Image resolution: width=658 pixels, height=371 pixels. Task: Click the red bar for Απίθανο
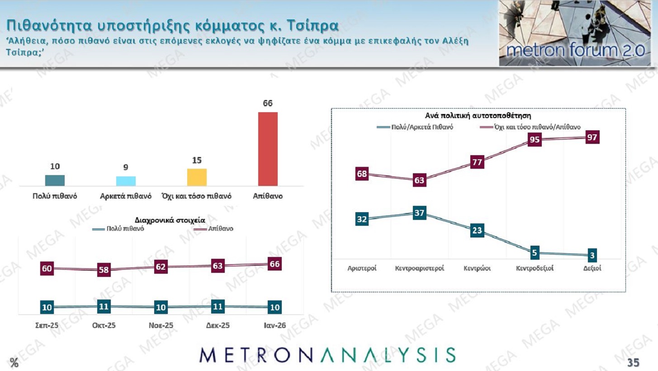click(x=268, y=149)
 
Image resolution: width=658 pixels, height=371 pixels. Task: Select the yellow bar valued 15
click(x=197, y=177)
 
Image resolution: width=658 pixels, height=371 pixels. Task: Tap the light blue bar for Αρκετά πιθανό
click(x=126, y=181)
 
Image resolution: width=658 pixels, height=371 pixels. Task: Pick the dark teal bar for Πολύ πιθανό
click(x=55, y=180)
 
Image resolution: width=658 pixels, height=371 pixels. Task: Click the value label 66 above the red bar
click(x=268, y=104)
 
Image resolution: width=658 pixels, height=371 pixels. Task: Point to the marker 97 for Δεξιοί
click(x=592, y=138)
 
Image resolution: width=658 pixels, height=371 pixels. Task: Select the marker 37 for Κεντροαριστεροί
click(x=419, y=213)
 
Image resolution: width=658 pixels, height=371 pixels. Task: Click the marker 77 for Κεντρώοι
click(x=477, y=162)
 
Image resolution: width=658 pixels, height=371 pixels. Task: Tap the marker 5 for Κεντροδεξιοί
click(x=534, y=252)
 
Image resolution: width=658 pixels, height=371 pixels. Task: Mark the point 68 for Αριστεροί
click(x=362, y=174)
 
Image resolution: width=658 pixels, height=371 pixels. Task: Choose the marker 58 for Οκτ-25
click(x=104, y=270)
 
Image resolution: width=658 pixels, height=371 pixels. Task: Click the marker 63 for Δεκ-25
click(x=218, y=266)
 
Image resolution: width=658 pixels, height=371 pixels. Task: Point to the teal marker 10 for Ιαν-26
click(x=275, y=307)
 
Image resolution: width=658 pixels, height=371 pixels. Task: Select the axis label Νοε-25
click(x=161, y=325)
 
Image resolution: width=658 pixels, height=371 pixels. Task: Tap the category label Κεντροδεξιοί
click(x=535, y=268)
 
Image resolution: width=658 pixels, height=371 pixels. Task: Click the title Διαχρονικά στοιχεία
click(x=170, y=220)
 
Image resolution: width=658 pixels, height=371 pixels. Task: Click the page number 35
click(x=633, y=362)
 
